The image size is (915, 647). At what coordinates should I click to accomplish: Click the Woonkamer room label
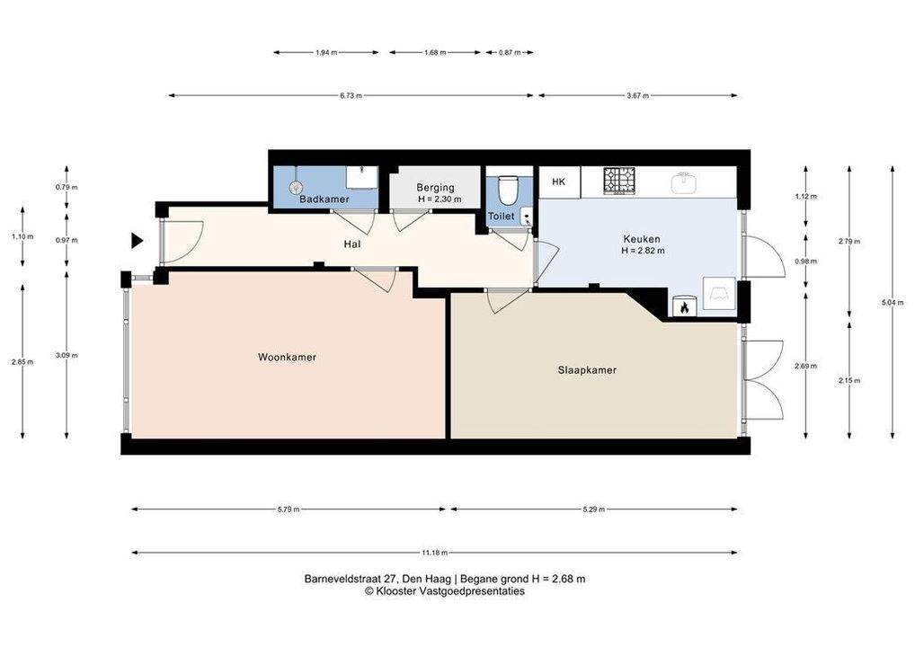287,357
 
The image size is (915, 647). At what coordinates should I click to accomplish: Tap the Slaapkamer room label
587,370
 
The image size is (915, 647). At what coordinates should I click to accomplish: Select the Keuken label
642,239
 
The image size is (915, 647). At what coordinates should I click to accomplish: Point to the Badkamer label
324,199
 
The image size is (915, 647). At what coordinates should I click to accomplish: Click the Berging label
435,187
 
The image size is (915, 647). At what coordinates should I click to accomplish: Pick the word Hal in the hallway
351,244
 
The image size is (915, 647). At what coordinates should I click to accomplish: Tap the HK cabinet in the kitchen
559,182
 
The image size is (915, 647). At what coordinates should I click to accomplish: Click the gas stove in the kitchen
618,181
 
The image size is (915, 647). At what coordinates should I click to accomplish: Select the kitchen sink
683,182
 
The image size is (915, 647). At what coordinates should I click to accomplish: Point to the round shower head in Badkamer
297,187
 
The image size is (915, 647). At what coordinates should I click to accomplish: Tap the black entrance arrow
138,240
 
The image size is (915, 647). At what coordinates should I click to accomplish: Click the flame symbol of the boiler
685,306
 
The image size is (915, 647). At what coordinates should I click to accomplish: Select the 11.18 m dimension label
434,553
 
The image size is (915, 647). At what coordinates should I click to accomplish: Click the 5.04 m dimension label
893,302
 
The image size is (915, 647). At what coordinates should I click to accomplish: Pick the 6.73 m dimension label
351,95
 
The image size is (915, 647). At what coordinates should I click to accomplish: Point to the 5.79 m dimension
289,510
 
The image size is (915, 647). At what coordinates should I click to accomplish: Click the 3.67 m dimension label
637,95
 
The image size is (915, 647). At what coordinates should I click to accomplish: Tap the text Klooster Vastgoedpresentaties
450,591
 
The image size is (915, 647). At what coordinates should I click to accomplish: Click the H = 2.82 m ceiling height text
643,251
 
